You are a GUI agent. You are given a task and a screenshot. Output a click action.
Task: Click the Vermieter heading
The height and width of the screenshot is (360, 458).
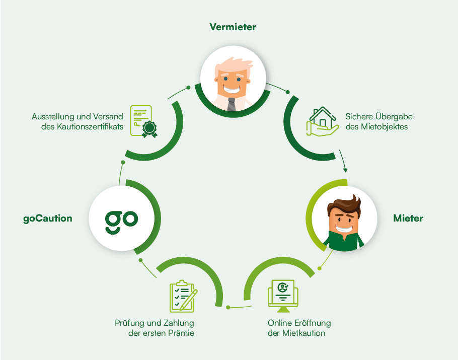233,27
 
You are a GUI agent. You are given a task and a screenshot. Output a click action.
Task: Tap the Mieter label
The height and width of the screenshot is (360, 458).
408,219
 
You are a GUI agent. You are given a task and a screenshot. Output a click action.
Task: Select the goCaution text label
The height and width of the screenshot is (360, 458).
48,219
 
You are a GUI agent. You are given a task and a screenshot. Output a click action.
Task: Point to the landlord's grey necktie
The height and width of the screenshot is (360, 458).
231,104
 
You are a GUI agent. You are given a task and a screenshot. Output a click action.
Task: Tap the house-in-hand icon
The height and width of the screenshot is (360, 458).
322,121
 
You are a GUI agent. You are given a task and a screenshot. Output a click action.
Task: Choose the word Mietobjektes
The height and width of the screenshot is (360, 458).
385,127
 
